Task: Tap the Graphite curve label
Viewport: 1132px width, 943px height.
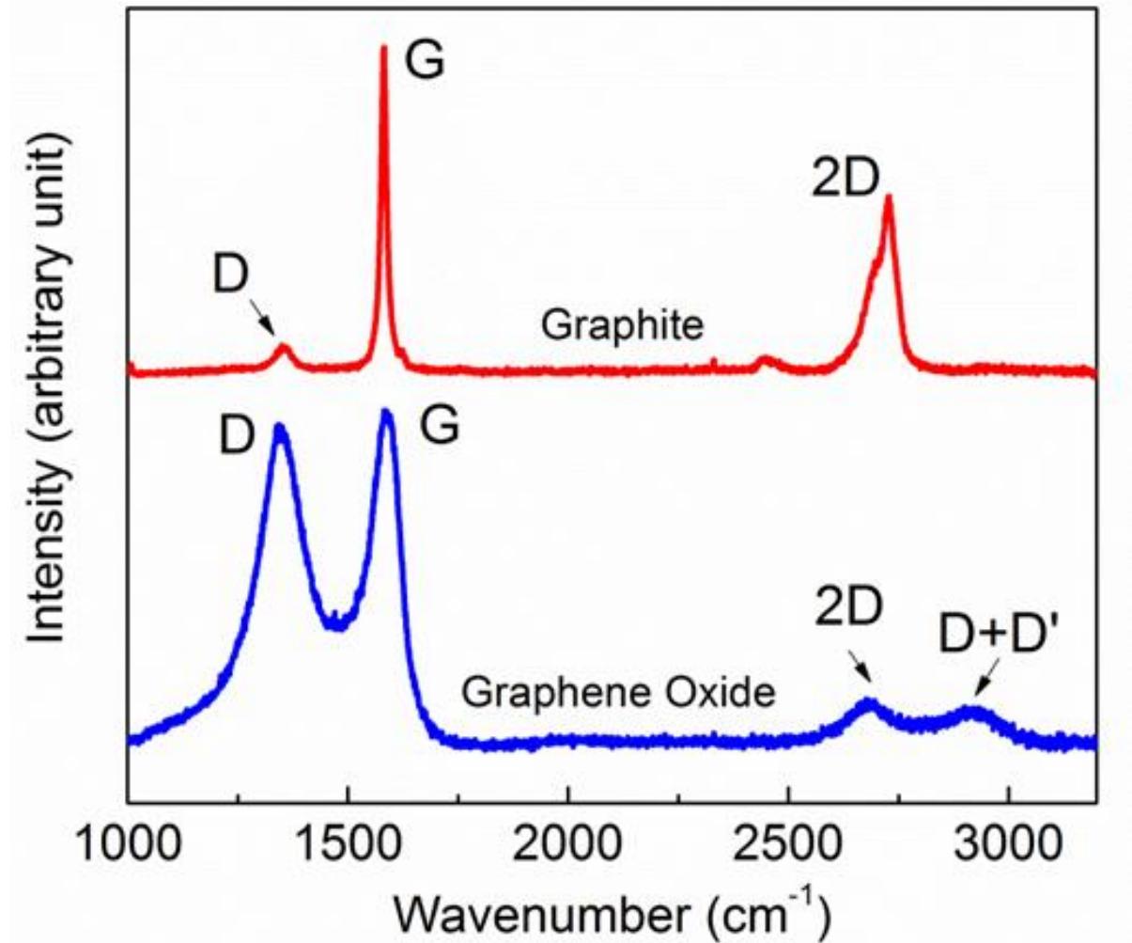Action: click(621, 326)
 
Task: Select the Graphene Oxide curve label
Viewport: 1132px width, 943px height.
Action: click(617, 694)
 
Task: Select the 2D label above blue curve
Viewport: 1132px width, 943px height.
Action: click(847, 611)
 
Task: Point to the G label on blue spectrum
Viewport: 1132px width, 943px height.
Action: click(439, 428)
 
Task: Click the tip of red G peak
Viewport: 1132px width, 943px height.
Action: click(383, 47)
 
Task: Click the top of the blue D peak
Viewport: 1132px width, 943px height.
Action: click(279, 427)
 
